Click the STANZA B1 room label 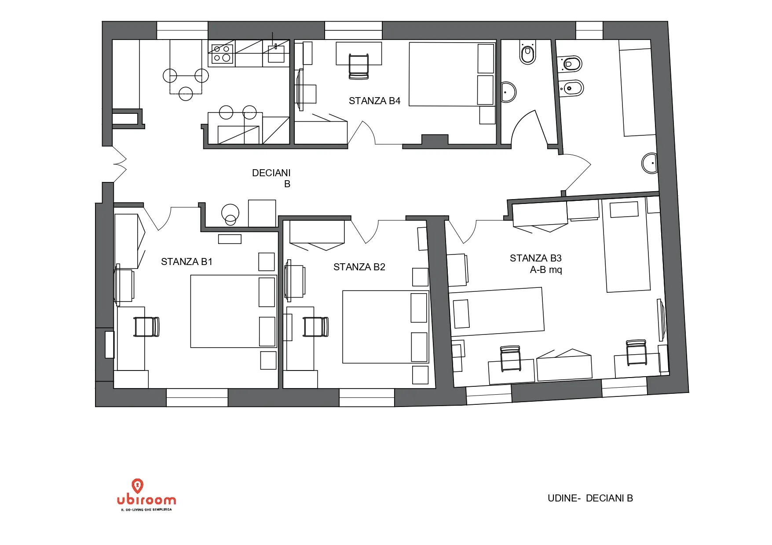click(187, 262)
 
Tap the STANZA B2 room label click(359, 267)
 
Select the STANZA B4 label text click(374, 101)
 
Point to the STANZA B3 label click(535, 258)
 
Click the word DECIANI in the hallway click(271, 173)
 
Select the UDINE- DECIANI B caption click(590, 498)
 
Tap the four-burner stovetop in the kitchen click(222, 54)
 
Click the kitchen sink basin click(276, 54)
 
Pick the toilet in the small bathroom click(527, 52)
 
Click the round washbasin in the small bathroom click(509, 92)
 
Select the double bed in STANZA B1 click(234, 311)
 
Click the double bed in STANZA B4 click(452, 74)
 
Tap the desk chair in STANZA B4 click(359, 67)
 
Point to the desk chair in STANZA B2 click(315, 327)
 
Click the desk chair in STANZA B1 click(146, 327)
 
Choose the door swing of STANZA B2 click(365, 232)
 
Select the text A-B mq click(546, 270)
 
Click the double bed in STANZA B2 click(386, 327)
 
